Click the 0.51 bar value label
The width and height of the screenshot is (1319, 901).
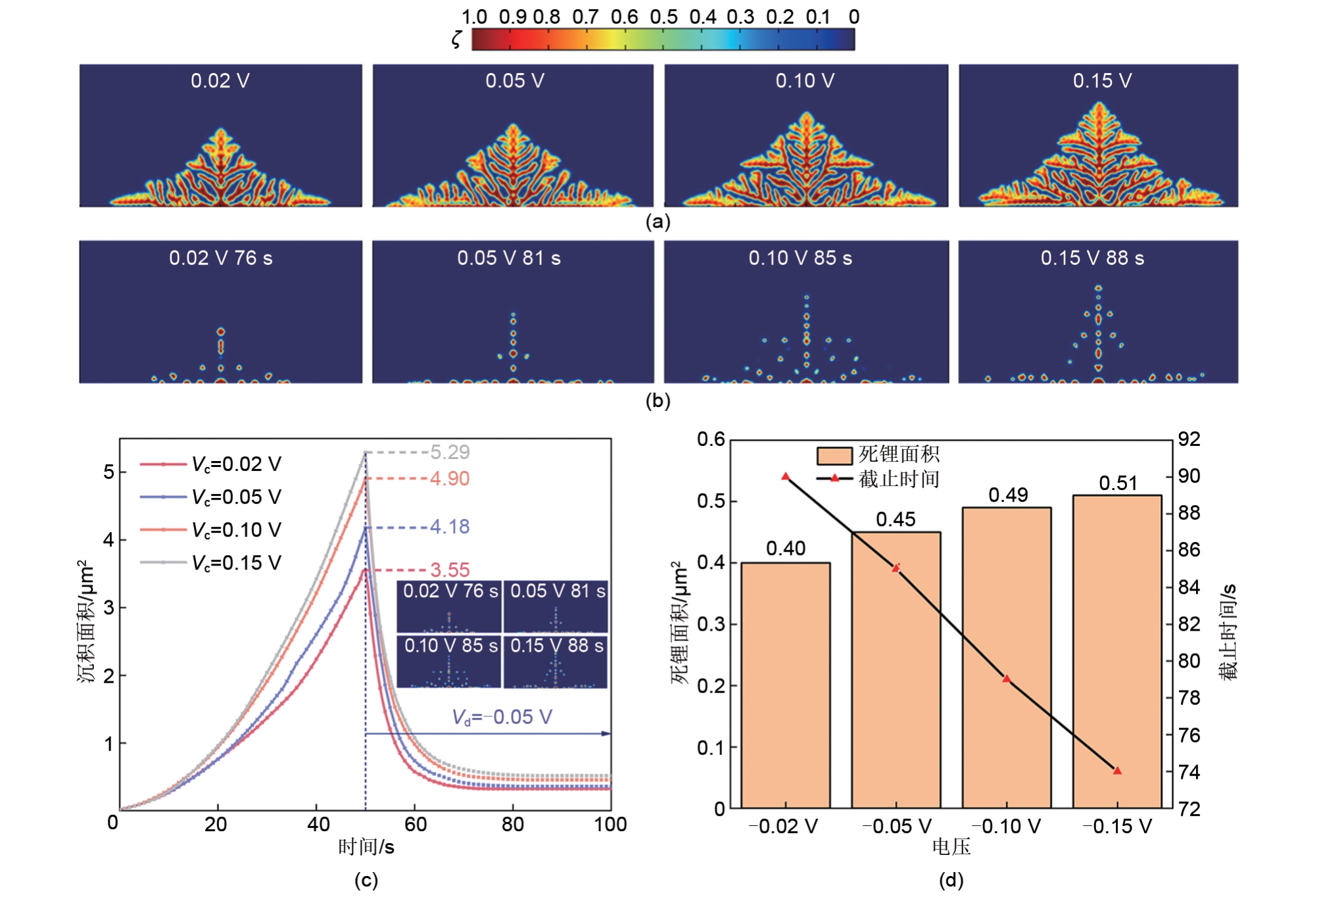point(1118,483)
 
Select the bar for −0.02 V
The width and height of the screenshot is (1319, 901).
point(786,684)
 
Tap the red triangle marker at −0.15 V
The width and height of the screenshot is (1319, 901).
point(1117,770)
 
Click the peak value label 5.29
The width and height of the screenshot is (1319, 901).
point(450,452)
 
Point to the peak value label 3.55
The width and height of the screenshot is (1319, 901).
point(450,570)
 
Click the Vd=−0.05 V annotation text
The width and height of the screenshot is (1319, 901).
point(502,717)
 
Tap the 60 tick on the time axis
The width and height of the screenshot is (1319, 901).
point(416,824)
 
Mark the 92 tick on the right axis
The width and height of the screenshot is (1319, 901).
point(1189,439)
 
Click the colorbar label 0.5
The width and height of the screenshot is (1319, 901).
point(663,17)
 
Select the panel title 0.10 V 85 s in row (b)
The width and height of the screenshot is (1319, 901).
point(800,258)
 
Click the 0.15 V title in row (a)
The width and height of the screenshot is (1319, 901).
point(1102,81)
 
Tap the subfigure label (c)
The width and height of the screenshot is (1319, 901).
point(366,881)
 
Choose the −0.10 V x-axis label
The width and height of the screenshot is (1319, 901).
point(1006,826)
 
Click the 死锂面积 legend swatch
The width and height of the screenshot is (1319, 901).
point(834,455)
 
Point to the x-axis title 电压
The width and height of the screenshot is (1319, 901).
point(951,847)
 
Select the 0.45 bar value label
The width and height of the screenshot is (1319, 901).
point(896,520)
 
